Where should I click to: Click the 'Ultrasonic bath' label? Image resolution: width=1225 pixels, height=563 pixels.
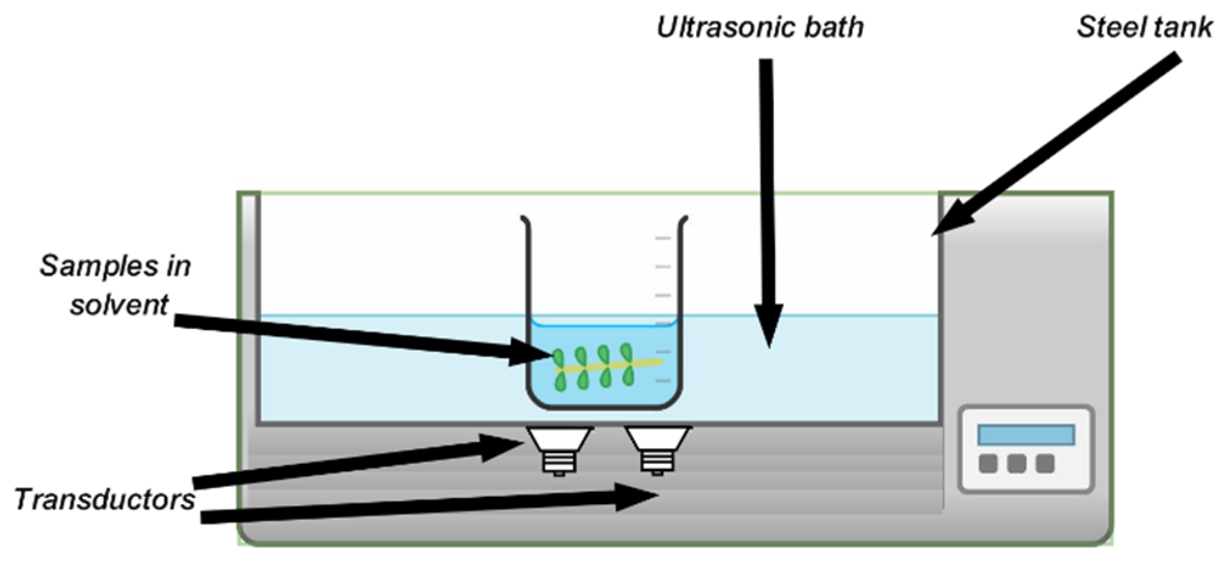pyautogui.click(x=760, y=27)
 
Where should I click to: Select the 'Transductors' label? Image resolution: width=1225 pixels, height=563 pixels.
pyautogui.click(x=105, y=500)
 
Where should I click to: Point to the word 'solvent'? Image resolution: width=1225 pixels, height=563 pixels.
pyautogui.click(x=119, y=305)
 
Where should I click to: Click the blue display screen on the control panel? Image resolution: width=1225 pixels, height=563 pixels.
pyautogui.click(x=1026, y=435)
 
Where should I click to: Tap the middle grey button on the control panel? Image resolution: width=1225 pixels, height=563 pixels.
pyautogui.click(x=1016, y=463)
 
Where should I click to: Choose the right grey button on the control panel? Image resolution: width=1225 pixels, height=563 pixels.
pyautogui.click(x=1045, y=463)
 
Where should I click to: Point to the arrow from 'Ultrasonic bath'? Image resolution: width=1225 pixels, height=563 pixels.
pyautogui.click(x=768, y=201)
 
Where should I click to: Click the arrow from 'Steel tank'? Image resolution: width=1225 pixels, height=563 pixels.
pyautogui.click(x=1058, y=146)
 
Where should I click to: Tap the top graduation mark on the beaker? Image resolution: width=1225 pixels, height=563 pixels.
pyautogui.click(x=662, y=238)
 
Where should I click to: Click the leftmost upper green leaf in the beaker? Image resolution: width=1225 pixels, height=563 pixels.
pyautogui.click(x=557, y=357)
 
